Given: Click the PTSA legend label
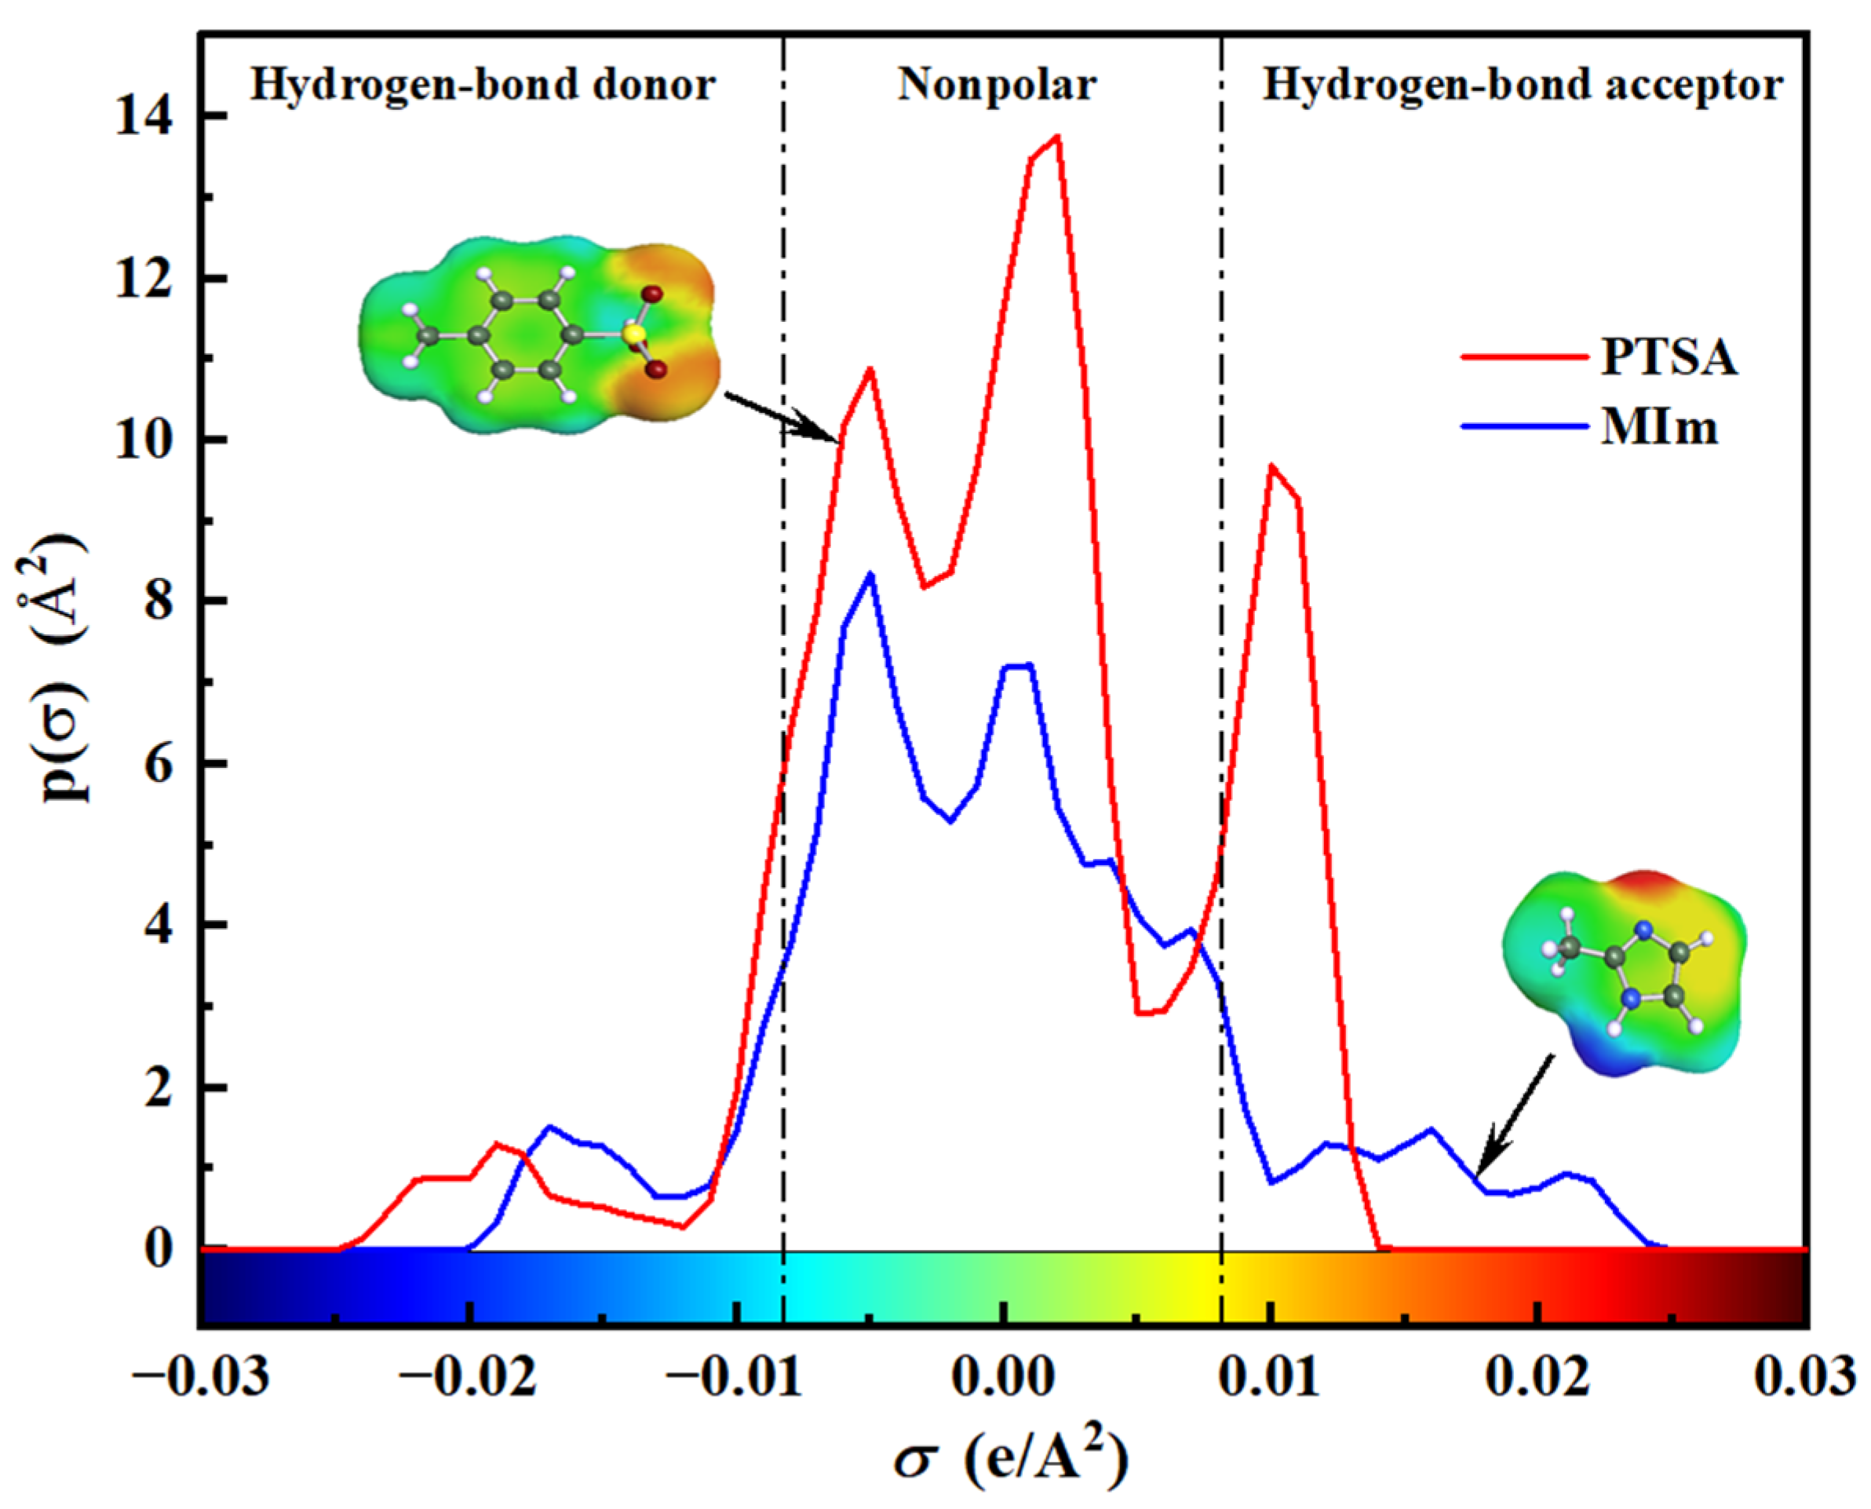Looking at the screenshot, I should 1669,357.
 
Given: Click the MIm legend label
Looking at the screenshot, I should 1659,429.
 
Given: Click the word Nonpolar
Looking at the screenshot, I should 997,85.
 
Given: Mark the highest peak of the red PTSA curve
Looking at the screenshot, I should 1056,137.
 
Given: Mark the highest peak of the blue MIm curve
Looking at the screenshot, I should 870,575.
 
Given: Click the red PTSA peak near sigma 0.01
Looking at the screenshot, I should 1272,468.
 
